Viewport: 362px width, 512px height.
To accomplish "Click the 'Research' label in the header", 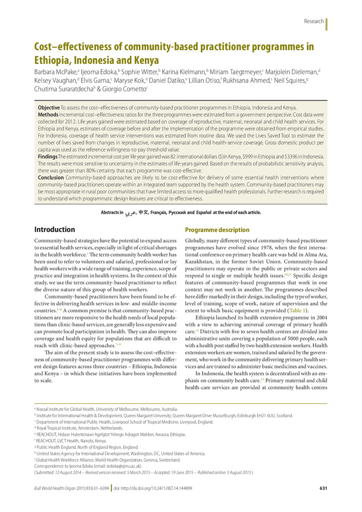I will pos(313,21).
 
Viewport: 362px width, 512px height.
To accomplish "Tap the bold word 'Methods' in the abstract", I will pos(48,115).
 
